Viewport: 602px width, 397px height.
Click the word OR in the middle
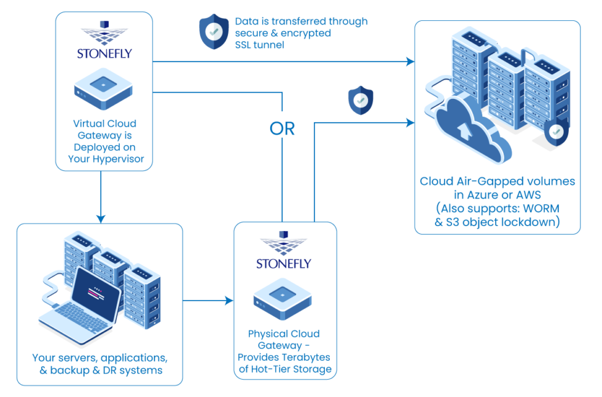coord(282,128)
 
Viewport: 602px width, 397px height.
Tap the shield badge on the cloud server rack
coord(556,132)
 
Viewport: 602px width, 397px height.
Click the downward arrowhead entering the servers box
coord(101,218)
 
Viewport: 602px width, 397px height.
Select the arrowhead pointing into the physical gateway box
coord(229,301)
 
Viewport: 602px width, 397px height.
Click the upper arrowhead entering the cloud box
coord(410,61)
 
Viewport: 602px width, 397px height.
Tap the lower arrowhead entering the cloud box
coord(410,123)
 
